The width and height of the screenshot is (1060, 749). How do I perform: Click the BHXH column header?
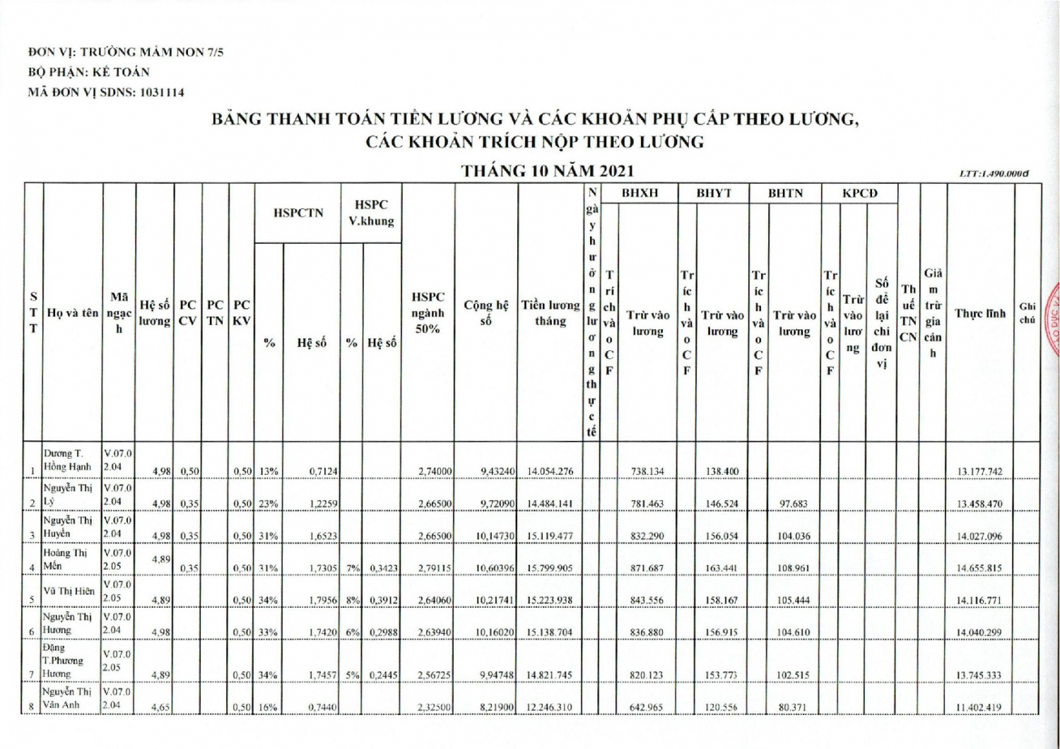(x=640, y=193)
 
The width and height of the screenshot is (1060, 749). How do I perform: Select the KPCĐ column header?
(x=859, y=193)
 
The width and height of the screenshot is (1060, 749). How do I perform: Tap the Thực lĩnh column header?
(x=979, y=313)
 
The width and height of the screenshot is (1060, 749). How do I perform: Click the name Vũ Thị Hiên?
(x=69, y=591)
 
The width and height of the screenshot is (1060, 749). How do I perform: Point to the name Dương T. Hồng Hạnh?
(x=68, y=460)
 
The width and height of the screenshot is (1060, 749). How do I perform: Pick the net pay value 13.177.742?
(x=979, y=471)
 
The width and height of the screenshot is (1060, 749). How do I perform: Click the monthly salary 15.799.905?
(x=550, y=568)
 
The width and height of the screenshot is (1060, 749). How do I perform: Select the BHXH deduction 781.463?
(x=647, y=504)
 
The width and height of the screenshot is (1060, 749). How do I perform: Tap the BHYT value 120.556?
(x=722, y=707)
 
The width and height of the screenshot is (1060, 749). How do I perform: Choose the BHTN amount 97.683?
(x=794, y=504)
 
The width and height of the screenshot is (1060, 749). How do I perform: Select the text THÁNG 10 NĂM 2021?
(x=547, y=171)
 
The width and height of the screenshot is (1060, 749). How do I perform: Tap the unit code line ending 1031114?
(x=106, y=92)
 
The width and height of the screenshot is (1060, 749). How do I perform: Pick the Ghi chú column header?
(x=1027, y=313)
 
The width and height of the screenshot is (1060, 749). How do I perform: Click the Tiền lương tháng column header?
(x=550, y=313)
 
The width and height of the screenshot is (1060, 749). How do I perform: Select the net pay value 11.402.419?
(x=979, y=707)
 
